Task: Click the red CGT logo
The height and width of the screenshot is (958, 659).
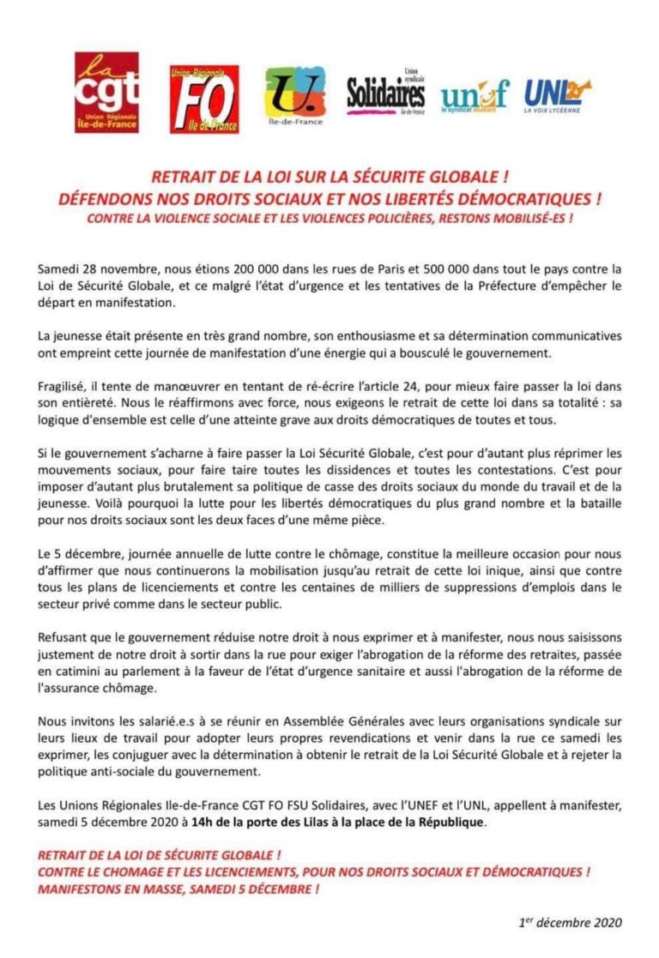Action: (x=106, y=92)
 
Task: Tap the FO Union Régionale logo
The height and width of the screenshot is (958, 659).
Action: (x=204, y=99)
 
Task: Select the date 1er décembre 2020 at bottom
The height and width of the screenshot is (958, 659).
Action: (x=571, y=923)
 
